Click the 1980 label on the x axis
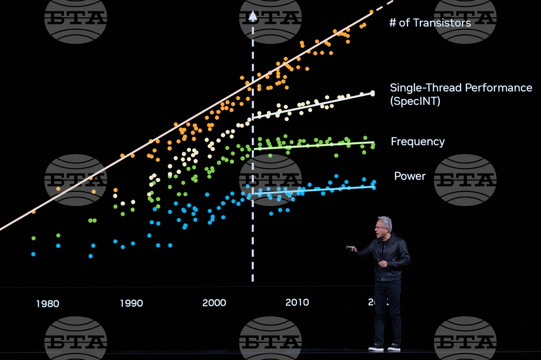pyautogui.click(x=48, y=303)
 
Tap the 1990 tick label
pyautogui.click(x=131, y=303)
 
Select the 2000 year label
pyautogui.click(x=214, y=303)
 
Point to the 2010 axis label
pyautogui.click(x=297, y=302)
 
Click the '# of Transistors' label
pyautogui.click(x=430, y=23)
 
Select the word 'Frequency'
pyautogui.click(x=418, y=142)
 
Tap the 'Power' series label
pyautogui.click(x=410, y=176)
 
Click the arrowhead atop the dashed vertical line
pyautogui.click(x=253, y=16)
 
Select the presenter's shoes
pyautogui.click(x=384, y=347)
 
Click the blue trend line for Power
pyautogui.click(x=314, y=190)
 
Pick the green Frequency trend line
pyautogui.click(x=314, y=145)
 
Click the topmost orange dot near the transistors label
pyautogui.click(x=371, y=11)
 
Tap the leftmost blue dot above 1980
pyautogui.click(x=34, y=254)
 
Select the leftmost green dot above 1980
pyautogui.click(x=34, y=238)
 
